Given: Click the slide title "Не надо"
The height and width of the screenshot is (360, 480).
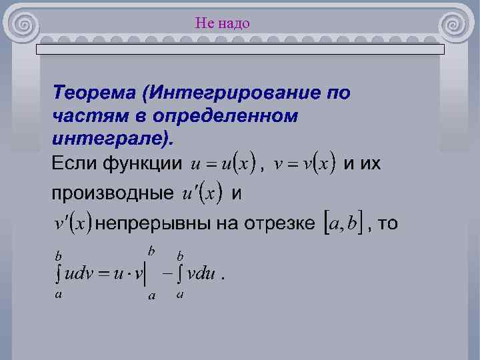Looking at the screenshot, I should tap(223, 24).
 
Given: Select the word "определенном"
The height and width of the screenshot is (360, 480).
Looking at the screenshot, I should tap(225, 116).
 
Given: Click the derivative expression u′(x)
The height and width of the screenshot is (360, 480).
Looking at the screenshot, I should tap(202, 194).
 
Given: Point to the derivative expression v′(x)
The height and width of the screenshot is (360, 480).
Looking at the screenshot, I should tap(72, 223).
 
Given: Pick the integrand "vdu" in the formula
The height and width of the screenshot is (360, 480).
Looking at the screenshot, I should tap(201, 275).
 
